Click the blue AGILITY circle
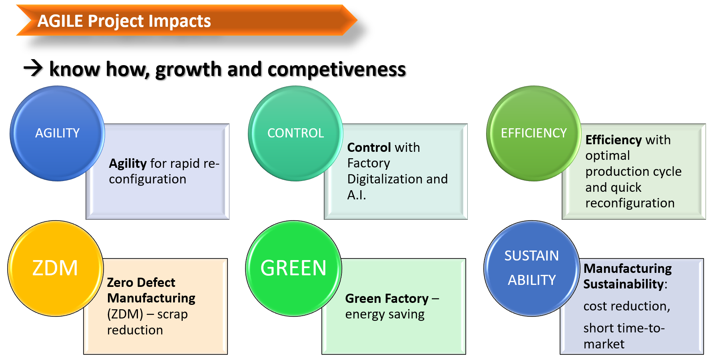pyautogui.click(x=57, y=133)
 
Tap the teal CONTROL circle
pyautogui.click(x=295, y=133)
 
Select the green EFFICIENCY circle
pyautogui.click(x=534, y=133)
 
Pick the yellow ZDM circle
pyautogui.click(x=55, y=269)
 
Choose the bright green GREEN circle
pyautogui.click(x=293, y=269)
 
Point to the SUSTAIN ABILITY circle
pyautogui.click(x=532, y=269)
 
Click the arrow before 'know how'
pyautogui.click(x=33, y=68)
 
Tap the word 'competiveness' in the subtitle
pyautogui.click(x=337, y=70)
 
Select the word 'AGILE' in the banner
pyautogui.click(x=60, y=21)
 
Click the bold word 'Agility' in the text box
pyautogui.click(x=128, y=164)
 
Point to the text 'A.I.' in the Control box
pyautogui.click(x=357, y=195)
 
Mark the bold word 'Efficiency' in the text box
pyautogui.click(x=614, y=140)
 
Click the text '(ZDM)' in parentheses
pyautogui.click(x=125, y=314)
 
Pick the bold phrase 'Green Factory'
pyautogui.click(x=387, y=298)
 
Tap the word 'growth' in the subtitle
pyautogui.click(x=188, y=70)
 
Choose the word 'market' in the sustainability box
pyautogui.click(x=604, y=344)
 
